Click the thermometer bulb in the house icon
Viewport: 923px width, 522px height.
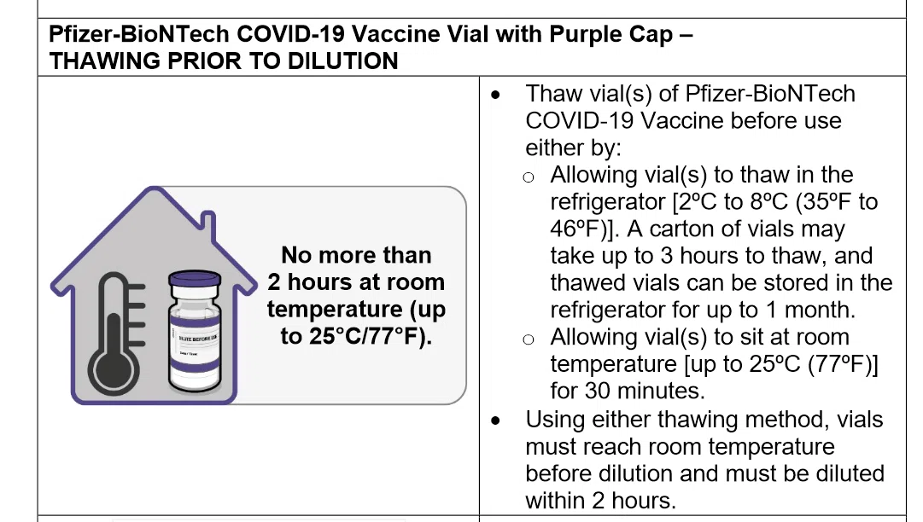pos(114,369)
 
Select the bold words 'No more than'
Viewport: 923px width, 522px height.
pos(356,255)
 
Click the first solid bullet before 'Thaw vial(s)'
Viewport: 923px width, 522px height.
pos(495,95)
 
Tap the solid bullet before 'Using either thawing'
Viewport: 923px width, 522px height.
pos(495,420)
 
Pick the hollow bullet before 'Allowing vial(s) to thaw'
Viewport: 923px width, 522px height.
pos(529,177)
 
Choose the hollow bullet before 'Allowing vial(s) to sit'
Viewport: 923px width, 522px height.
pos(529,339)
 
